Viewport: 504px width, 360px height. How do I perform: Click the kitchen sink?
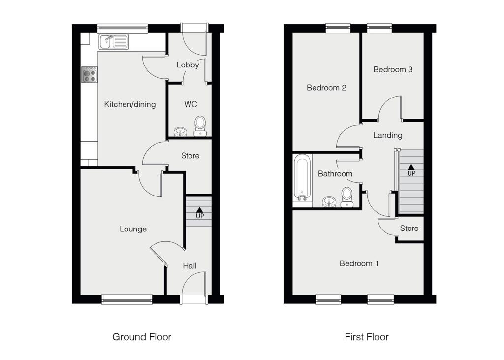click(114, 42)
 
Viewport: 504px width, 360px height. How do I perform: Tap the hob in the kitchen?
click(90, 74)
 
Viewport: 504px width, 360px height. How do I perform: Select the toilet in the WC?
click(200, 126)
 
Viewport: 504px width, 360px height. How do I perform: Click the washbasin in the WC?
click(180, 131)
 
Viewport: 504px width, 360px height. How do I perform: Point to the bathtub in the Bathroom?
click(301, 178)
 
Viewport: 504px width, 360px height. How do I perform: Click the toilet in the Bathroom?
click(347, 196)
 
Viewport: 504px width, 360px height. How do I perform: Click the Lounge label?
click(133, 229)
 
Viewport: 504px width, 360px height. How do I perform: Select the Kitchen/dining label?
click(130, 104)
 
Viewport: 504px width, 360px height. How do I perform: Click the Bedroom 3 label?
click(393, 69)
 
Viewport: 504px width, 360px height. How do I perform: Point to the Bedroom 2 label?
click(326, 88)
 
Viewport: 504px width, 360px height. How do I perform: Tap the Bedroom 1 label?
click(359, 263)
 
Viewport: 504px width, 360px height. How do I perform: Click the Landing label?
click(387, 135)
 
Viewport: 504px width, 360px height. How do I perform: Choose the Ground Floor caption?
click(142, 337)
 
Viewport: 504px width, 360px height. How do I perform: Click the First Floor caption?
click(367, 337)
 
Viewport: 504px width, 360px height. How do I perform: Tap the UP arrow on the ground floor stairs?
click(200, 210)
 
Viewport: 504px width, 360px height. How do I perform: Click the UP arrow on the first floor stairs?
click(411, 168)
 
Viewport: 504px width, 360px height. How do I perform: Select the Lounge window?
click(127, 297)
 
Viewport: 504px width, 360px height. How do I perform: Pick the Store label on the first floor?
click(409, 229)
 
